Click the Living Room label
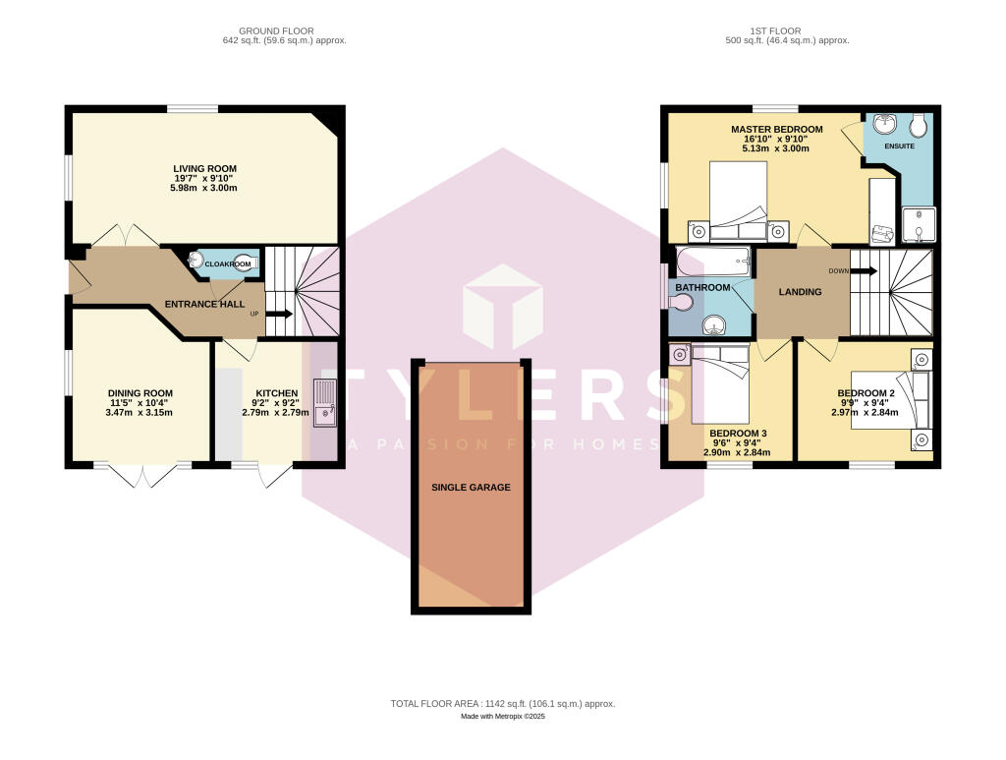click(205, 168)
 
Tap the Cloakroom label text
click(228, 263)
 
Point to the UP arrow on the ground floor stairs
click(279, 315)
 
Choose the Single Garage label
click(471, 487)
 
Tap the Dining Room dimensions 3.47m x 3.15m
click(140, 413)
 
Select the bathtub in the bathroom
click(712, 263)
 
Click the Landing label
click(801, 291)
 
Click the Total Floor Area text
click(502, 704)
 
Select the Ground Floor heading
click(284, 30)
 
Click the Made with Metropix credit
click(502, 717)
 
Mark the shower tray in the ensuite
click(918, 225)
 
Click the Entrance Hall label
click(204, 304)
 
